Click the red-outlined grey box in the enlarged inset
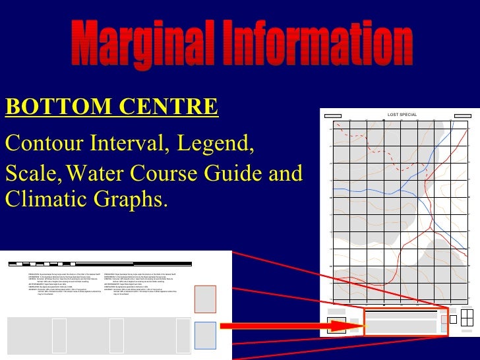tap(206, 299)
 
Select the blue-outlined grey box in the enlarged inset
tap(206, 335)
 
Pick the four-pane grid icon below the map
tap(467, 318)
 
